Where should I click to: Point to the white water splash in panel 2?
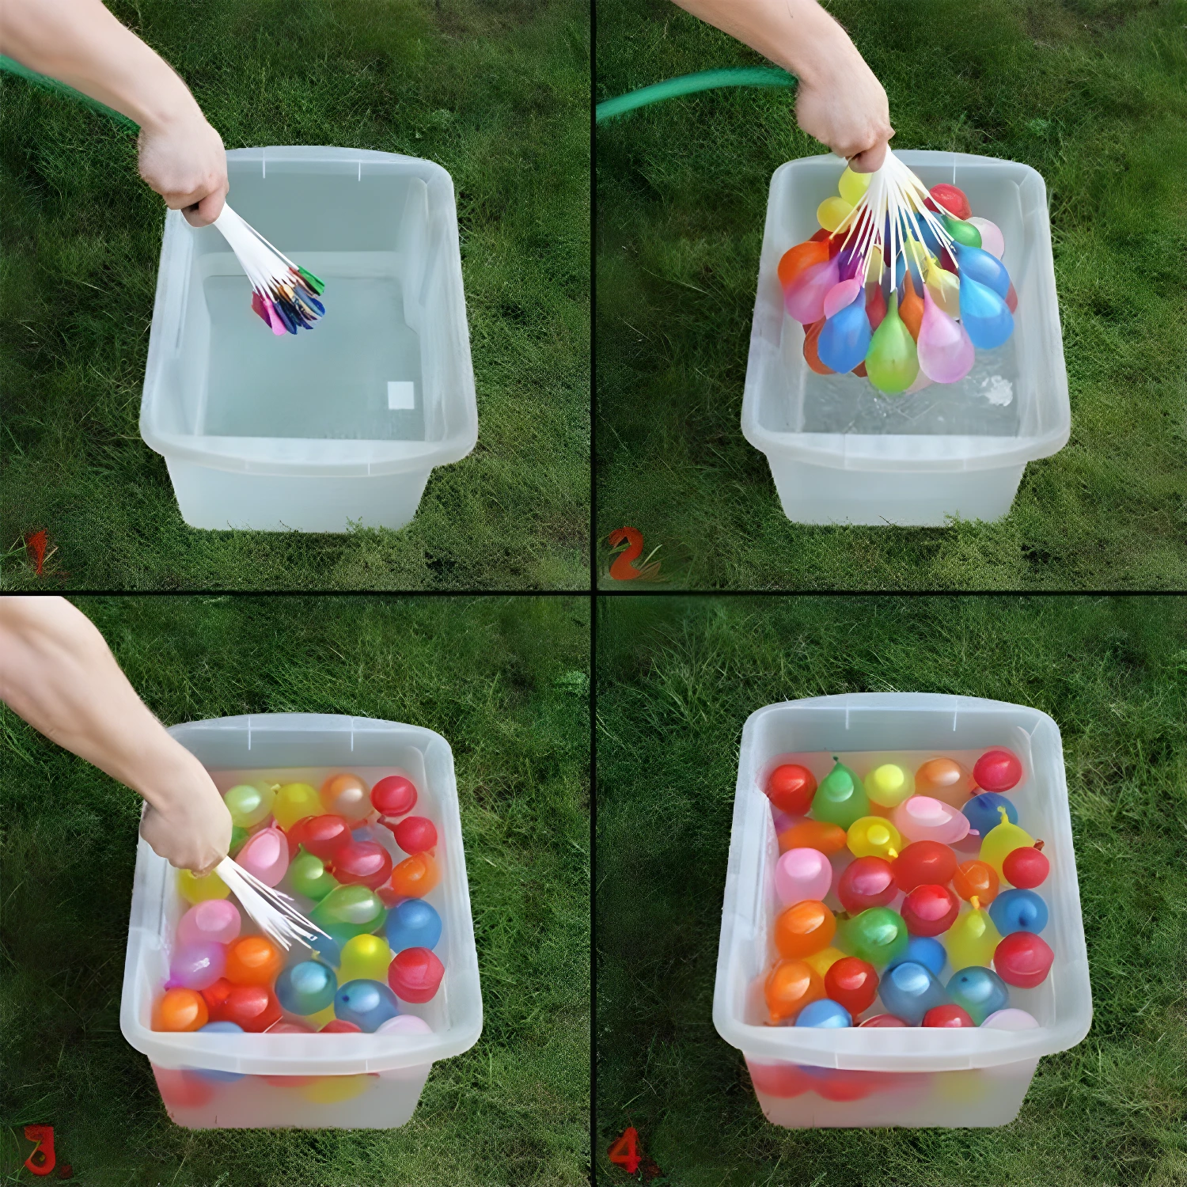point(989,389)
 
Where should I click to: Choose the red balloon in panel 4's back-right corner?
point(997,772)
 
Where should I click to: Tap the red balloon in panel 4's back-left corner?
point(791,787)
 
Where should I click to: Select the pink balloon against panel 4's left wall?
point(804,877)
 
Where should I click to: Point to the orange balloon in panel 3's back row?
point(346,795)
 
